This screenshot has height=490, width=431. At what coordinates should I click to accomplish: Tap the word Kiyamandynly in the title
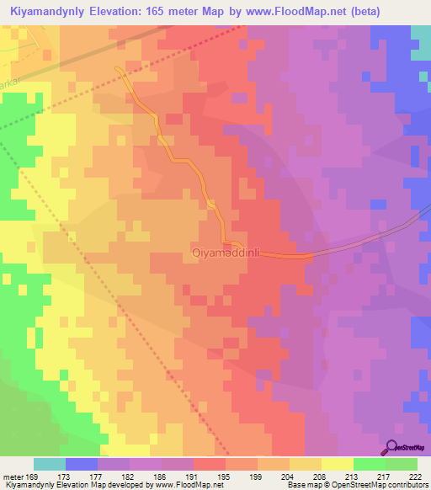(x=45, y=11)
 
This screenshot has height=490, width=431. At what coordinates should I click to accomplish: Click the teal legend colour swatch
(x=50, y=464)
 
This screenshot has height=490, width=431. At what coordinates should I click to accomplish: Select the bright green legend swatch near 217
(x=370, y=464)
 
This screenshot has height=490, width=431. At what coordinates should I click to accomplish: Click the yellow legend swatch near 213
(x=338, y=464)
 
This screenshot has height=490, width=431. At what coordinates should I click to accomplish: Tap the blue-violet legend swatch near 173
(x=82, y=464)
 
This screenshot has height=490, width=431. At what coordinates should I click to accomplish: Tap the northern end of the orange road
(x=116, y=66)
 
